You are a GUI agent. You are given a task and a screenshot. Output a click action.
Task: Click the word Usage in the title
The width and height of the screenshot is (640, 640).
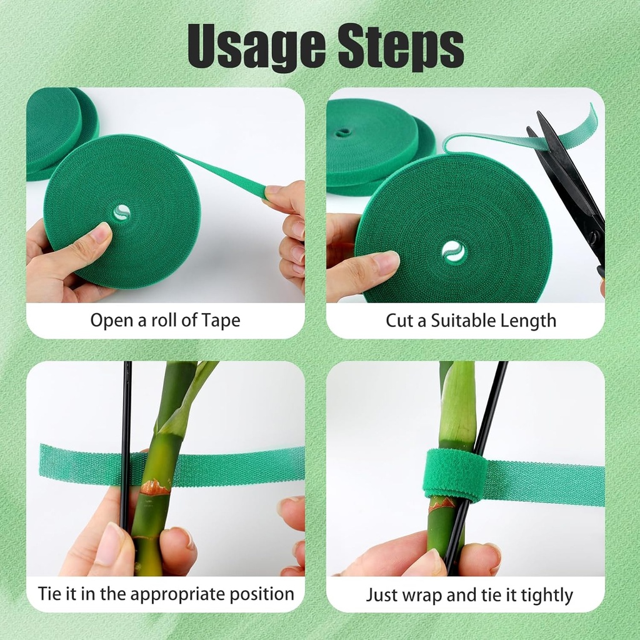(x=257, y=46)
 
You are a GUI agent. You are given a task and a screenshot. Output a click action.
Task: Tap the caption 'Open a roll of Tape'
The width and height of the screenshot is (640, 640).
(x=165, y=321)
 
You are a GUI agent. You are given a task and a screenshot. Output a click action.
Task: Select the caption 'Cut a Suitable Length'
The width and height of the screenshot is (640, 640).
(x=471, y=321)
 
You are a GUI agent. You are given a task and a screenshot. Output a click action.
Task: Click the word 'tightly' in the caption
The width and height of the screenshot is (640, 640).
(x=543, y=594)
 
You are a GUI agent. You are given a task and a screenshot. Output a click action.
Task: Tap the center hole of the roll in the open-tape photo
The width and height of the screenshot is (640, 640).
(x=122, y=212)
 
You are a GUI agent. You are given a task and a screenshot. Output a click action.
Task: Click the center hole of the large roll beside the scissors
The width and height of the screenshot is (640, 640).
(x=453, y=251)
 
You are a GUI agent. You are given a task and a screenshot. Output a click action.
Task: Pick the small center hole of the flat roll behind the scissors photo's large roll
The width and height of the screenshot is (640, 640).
(x=342, y=132)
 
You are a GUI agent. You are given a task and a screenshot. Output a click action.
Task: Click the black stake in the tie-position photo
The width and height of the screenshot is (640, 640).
(x=126, y=437)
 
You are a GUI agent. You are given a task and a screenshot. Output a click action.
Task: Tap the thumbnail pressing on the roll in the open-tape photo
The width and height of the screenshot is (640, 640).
(x=100, y=234)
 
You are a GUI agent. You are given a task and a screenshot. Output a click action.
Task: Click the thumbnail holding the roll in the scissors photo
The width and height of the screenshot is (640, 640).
(x=386, y=262)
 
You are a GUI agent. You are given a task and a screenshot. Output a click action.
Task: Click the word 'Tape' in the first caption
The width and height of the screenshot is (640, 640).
(x=221, y=321)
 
